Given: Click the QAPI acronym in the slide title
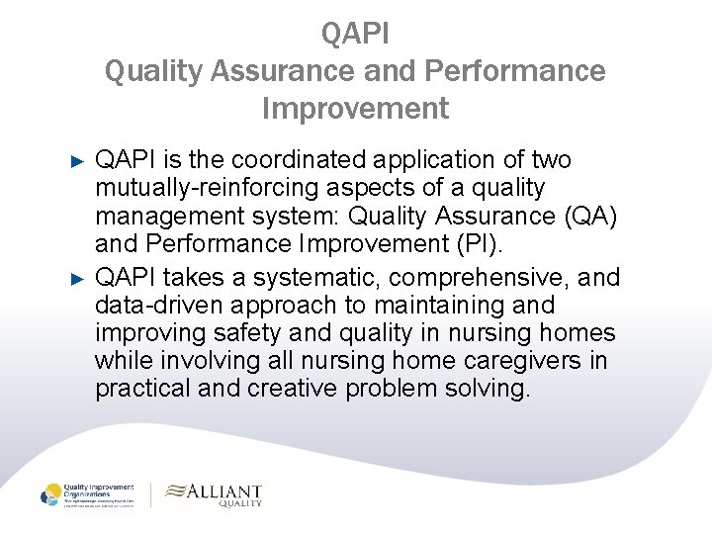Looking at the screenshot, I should pyautogui.click(x=356, y=34).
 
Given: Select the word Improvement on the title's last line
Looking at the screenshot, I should pyautogui.click(x=356, y=107).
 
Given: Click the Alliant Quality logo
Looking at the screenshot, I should pyautogui.click(x=213, y=493).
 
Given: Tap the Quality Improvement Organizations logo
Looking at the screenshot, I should pyautogui.click(x=89, y=494).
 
